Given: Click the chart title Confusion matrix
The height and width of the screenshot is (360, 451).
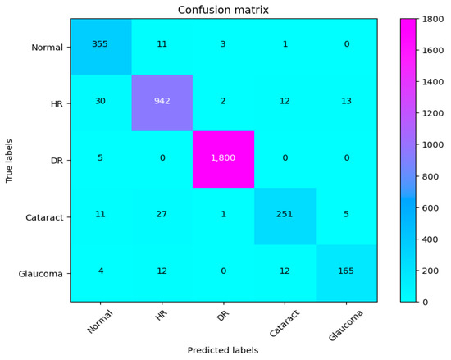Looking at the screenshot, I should pyautogui.click(x=223, y=10).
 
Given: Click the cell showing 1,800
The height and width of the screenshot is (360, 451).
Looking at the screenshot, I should pyautogui.click(x=223, y=159).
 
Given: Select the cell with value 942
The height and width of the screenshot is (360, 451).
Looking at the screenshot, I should pyautogui.click(x=162, y=103).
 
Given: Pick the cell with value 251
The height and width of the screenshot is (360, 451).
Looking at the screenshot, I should pyautogui.click(x=285, y=216).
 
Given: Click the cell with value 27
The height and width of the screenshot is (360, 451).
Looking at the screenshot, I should pyautogui.click(x=162, y=216).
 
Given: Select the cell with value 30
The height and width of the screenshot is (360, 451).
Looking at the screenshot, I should pyautogui.click(x=100, y=103).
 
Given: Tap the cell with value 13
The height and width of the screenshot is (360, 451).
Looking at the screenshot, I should pyautogui.click(x=346, y=103).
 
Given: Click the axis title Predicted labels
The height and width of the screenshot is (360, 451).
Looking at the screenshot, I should pyautogui.click(x=223, y=350).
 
